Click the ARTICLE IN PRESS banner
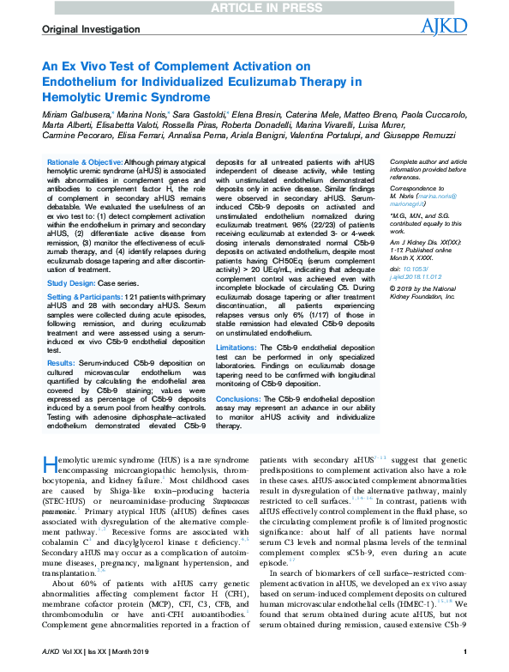pyautogui.click(x=254, y=8)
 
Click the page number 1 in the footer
pyautogui.click(x=463, y=662)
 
